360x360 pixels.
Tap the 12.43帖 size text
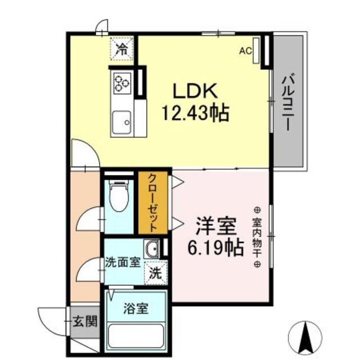pos(195,114)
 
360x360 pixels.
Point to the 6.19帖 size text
pos(215,246)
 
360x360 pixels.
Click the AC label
pos(245,51)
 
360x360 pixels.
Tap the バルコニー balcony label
pos(289,102)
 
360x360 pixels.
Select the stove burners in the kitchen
pos(121,83)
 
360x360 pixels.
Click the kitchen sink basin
pos(121,120)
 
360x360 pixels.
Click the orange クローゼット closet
pos(152,202)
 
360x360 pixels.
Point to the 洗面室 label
pos(123,263)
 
